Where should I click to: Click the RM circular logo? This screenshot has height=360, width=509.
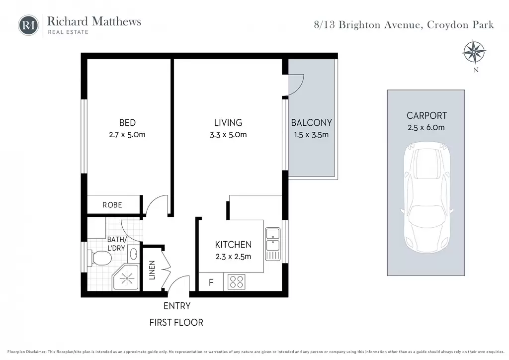click(28, 25)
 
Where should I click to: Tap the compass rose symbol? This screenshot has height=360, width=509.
click(474, 52)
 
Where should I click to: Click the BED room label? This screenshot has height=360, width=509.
click(127, 123)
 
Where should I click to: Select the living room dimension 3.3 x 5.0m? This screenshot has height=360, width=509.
click(228, 134)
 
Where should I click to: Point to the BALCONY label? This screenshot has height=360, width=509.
click(311, 123)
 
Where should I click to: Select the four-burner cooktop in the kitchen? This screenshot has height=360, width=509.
click(236, 282)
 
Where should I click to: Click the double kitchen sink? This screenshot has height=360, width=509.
click(273, 244)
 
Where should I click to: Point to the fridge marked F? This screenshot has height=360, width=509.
click(211, 282)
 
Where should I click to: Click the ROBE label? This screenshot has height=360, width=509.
click(112, 205)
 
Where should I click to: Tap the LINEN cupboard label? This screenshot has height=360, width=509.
click(152, 270)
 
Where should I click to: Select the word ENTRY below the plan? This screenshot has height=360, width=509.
click(177, 306)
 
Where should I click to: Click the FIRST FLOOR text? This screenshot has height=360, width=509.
click(176, 322)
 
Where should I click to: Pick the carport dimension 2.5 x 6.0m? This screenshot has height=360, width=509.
click(426, 127)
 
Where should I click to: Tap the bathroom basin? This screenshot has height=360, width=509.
click(133, 254)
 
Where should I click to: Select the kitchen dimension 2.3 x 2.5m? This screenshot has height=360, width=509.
click(233, 257)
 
